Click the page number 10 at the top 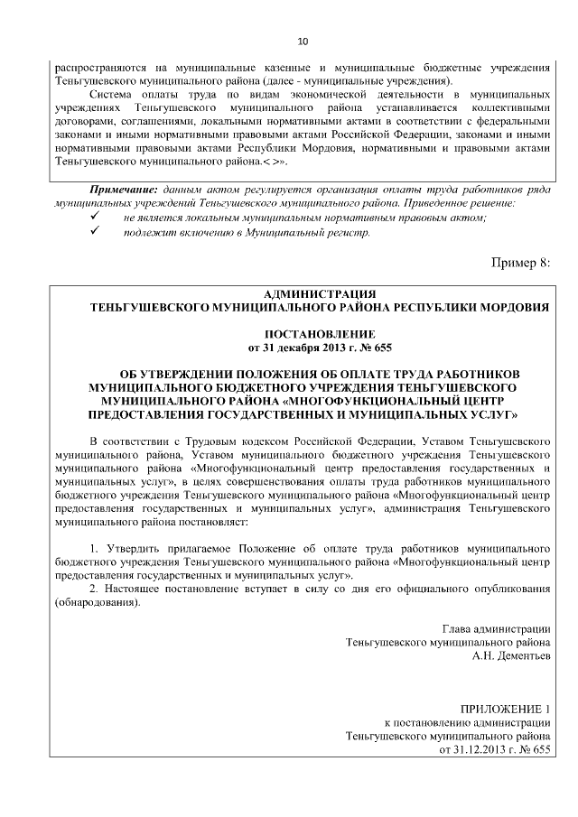tap(303, 42)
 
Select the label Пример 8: tap(519, 262)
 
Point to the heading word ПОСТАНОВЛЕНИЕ tap(314, 333)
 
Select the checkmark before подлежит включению tap(94, 232)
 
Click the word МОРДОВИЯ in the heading tap(511, 307)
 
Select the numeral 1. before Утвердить tap(95, 548)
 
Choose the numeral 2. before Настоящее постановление tap(95, 589)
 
